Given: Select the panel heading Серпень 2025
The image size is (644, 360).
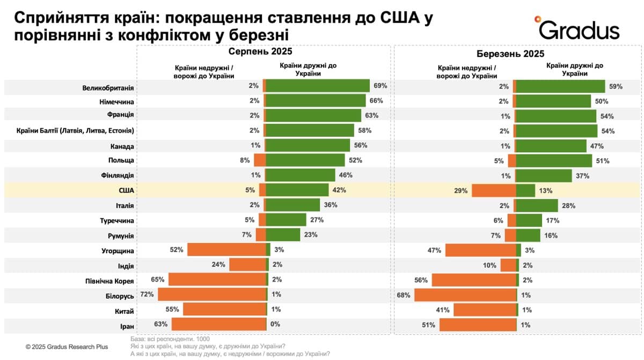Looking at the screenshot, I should [260, 52].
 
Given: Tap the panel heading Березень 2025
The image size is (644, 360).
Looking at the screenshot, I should [510, 54].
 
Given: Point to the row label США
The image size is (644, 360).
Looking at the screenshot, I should [125, 190].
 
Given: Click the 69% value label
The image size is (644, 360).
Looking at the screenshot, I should [380, 86].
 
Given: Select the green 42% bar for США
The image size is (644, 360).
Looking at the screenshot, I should [297, 190].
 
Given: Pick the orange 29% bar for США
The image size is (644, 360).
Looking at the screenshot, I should [493, 190].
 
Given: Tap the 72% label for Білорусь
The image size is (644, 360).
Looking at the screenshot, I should [148, 294].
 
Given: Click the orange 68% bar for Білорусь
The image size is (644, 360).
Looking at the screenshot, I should [465, 295].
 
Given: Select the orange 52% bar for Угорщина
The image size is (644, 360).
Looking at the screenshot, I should [226, 249].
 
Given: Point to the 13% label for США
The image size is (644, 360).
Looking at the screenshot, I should [545, 190].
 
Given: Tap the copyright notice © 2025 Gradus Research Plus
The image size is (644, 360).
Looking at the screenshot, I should [67, 347].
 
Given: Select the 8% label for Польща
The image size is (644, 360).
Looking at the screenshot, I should [245, 160].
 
